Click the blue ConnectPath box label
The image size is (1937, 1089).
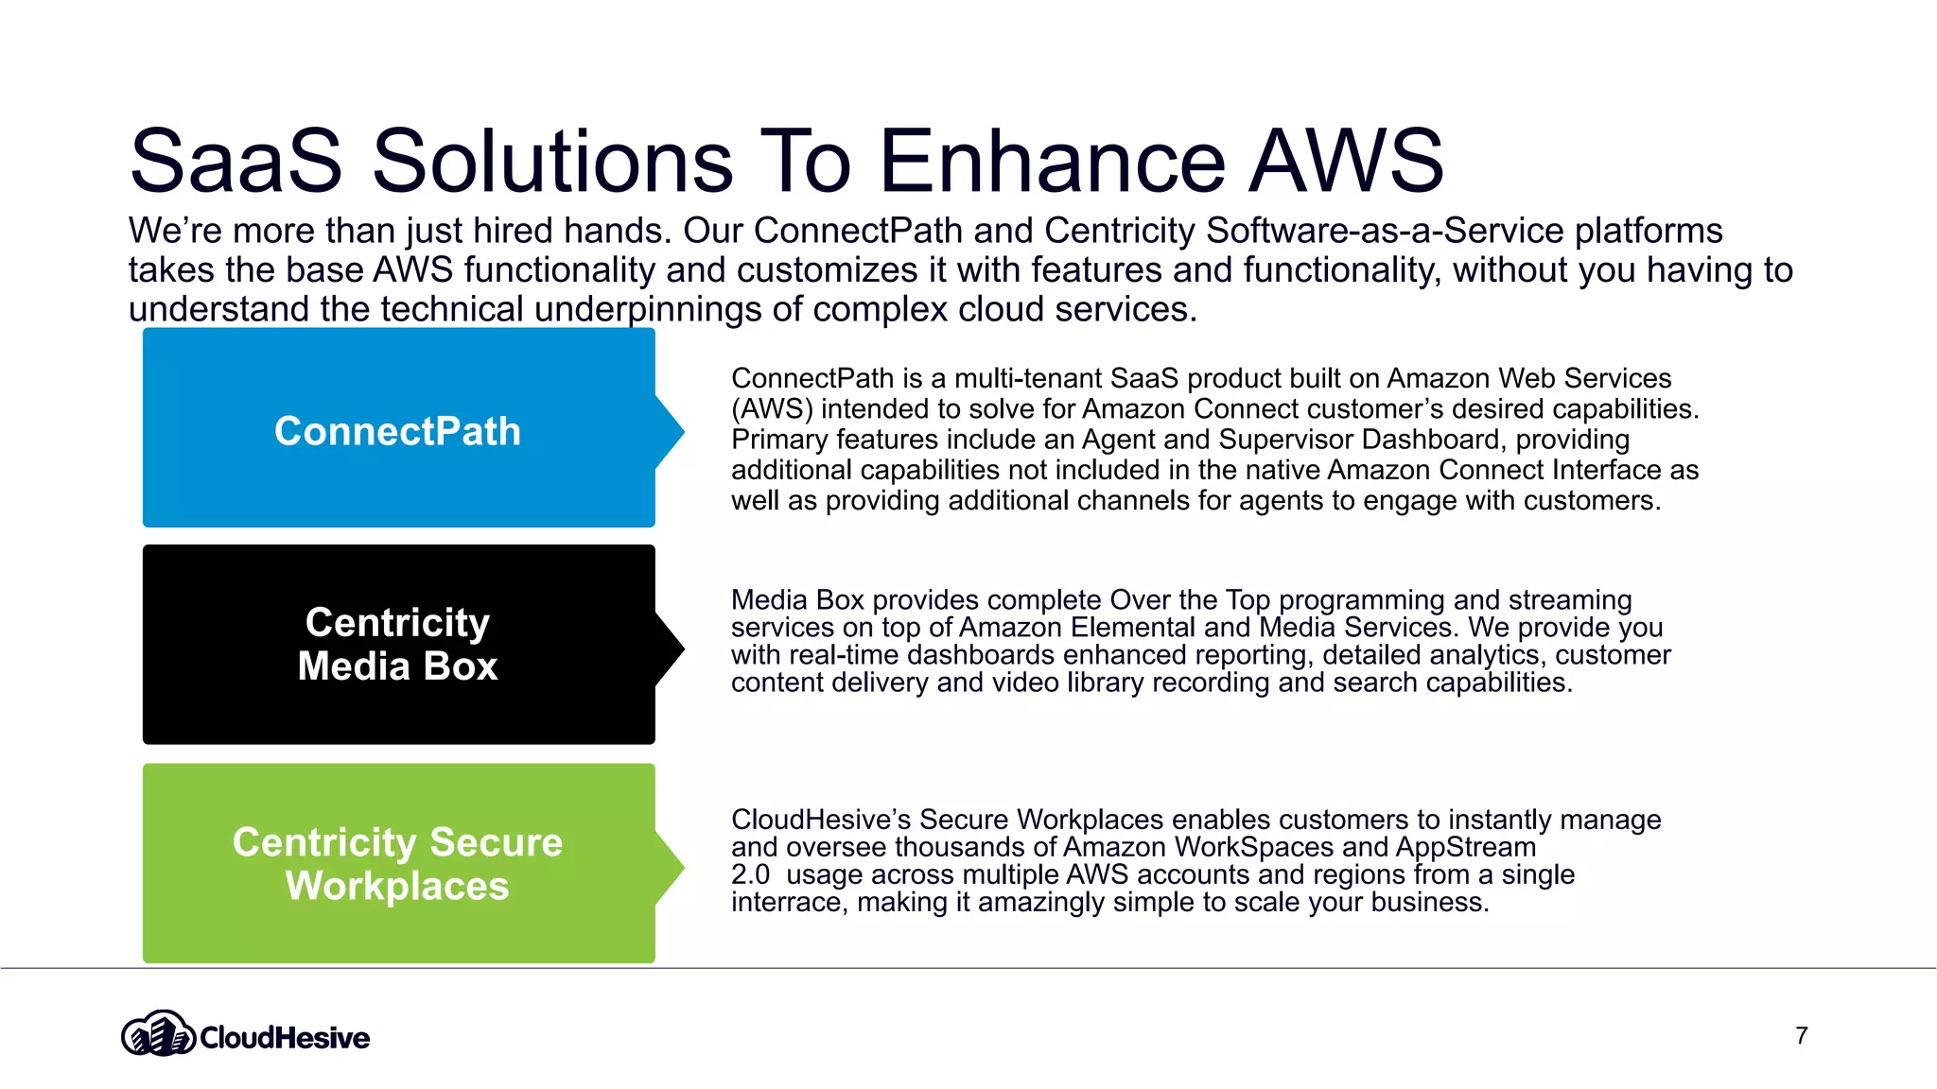coord(397,431)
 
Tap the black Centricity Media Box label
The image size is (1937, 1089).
coord(397,644)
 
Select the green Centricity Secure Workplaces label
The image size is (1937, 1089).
coord(397,863)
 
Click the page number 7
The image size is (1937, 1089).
coord(1801,1036)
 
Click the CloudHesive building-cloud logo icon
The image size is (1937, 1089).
coord(158,1033)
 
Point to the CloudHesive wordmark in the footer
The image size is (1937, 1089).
coord(285,1038)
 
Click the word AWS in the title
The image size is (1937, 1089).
coord(1347,161)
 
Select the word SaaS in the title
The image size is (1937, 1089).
coord(236,161)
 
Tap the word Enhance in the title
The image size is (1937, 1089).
coord(1053,161)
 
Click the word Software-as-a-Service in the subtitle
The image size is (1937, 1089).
coord(1386,231)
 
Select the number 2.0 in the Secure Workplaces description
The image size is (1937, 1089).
coord(750,874)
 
